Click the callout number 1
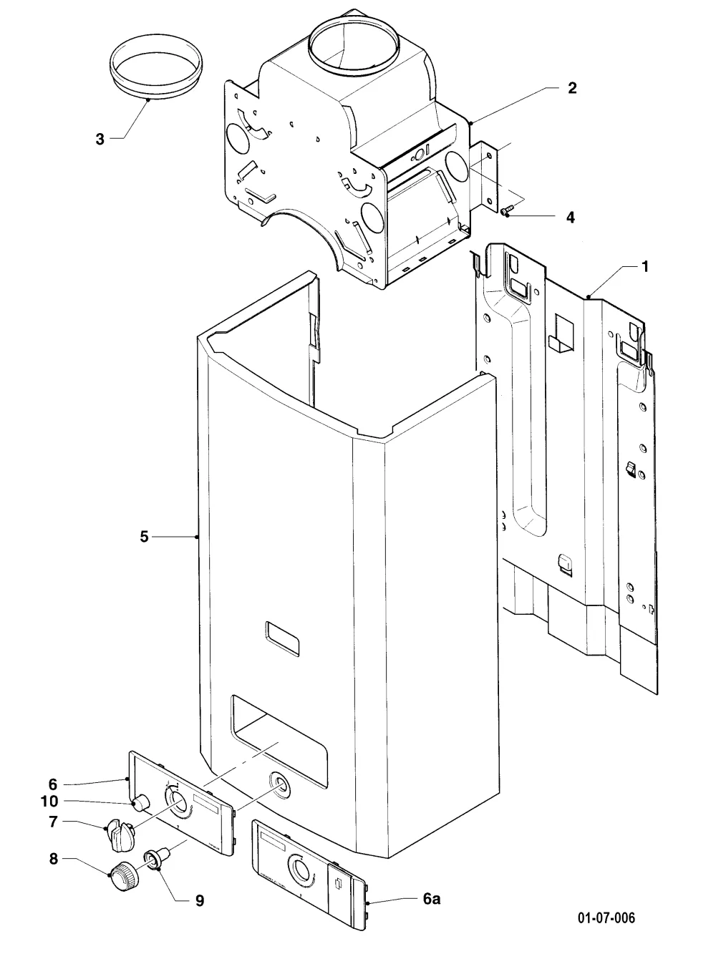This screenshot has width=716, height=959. pos(644,266)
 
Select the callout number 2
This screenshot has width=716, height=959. pos(572,88)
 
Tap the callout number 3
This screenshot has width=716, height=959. pos(100,139)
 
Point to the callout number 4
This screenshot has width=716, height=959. pos(571,217)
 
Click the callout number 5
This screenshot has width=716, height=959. pos(144,537)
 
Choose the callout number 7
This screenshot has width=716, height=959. pos(53,822)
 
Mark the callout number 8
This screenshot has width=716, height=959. pos(53,859)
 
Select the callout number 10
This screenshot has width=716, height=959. pos(49,802)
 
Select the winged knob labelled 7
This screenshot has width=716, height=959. pos(121,833)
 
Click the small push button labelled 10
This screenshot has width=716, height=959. pos(140,802)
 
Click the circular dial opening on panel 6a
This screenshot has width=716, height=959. pos(300,872)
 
